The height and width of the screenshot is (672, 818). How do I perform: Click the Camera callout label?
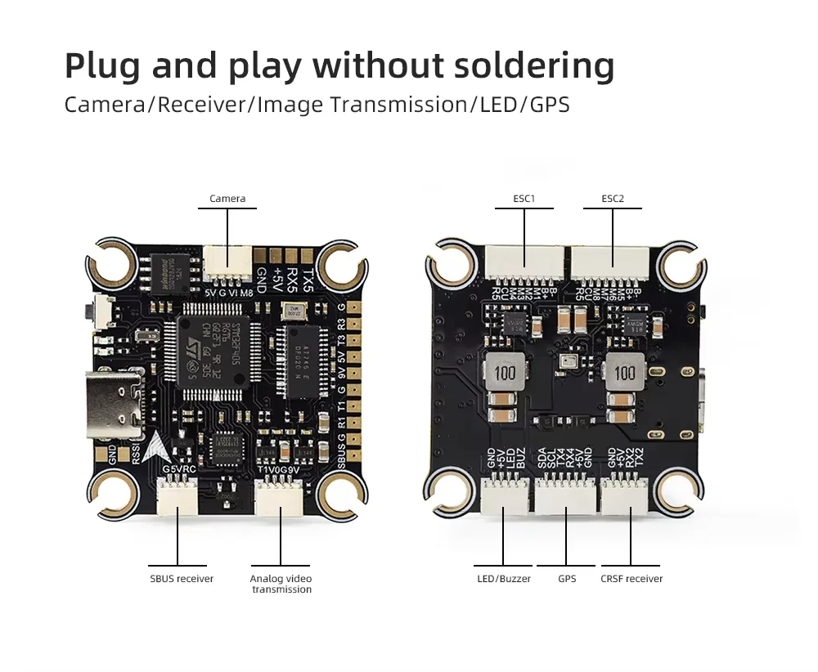227,199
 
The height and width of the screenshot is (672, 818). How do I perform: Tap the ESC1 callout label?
524,199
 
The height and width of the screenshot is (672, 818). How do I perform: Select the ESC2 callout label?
613,199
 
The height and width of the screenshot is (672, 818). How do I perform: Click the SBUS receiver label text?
182,579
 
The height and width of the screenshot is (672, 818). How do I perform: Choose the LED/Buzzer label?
504,579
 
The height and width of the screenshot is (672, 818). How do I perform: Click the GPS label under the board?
567,579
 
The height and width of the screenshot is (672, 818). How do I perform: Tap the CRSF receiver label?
631,579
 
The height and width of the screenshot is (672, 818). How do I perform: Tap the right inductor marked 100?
626,374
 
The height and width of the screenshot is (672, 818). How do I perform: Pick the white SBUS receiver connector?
178,496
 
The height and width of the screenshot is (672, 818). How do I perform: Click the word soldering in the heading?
529,65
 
